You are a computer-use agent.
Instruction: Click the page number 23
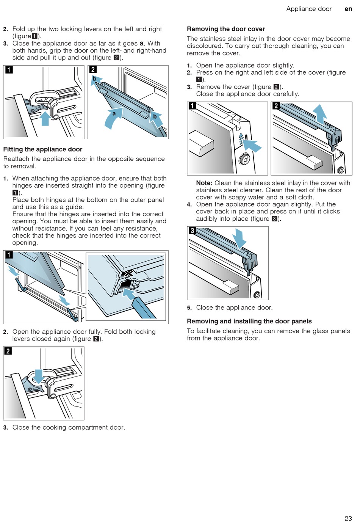(x=348, y=518)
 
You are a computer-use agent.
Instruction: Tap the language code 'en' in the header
(x=348, y=9)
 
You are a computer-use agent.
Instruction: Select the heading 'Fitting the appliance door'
(x=43, y=149)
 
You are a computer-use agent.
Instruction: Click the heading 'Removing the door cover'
(x=226, y=29)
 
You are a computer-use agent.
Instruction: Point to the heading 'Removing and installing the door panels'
(x=249, y=321)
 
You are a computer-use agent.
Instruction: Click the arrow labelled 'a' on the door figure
(x=113, y=118)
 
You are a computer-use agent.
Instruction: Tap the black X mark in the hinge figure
(x=128, y=273)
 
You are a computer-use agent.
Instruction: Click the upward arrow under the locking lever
(x=45, y=118)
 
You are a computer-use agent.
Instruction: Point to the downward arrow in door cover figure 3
(x=239, y=238)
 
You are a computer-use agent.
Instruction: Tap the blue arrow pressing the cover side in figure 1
(x=252, y=146)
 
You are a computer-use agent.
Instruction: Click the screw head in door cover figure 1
(x=245, y=159)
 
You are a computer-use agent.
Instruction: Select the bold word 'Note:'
(x=204, y=183)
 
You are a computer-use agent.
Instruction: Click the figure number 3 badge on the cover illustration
(x=193, y=231)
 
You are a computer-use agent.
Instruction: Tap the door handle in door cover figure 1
(x=201, y=143)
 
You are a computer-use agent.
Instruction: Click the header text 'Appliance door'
(x=309, y=9)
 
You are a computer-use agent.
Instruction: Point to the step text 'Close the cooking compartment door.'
(x=69, y=427)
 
